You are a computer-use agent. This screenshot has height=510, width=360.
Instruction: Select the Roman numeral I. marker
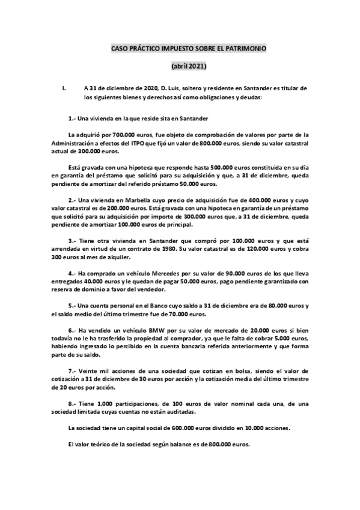[x=64, y=87]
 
